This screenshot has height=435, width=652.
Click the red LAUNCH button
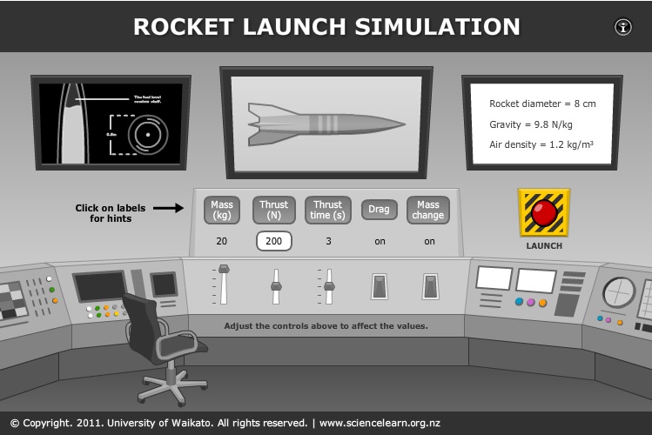coord(544,212)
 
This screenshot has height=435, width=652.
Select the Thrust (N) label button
coord(273,210)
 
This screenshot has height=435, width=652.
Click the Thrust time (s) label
coord(328,210)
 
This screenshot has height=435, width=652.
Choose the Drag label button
coord(380,210)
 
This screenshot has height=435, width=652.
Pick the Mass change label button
coord(428,210)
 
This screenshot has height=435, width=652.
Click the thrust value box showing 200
coord(273,241)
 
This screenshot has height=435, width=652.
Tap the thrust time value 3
coord(328,241)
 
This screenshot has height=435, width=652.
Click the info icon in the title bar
coord(623,26)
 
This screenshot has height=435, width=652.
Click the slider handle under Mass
coord(224,269)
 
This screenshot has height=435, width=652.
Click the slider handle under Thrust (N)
coord(276,284)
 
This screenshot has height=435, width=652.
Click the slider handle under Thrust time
coord(329,285)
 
